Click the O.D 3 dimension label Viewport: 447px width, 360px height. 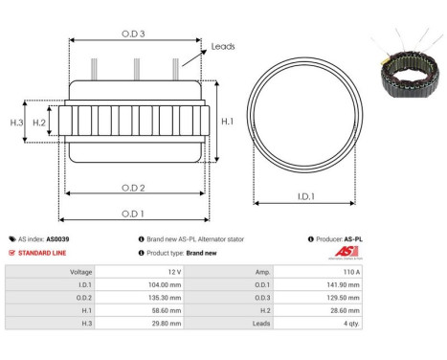pos(133,34)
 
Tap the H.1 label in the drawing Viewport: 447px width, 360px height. pos(227,122)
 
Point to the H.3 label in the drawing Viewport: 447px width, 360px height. pos(16,123)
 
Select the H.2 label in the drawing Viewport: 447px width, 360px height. pos(39,123)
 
